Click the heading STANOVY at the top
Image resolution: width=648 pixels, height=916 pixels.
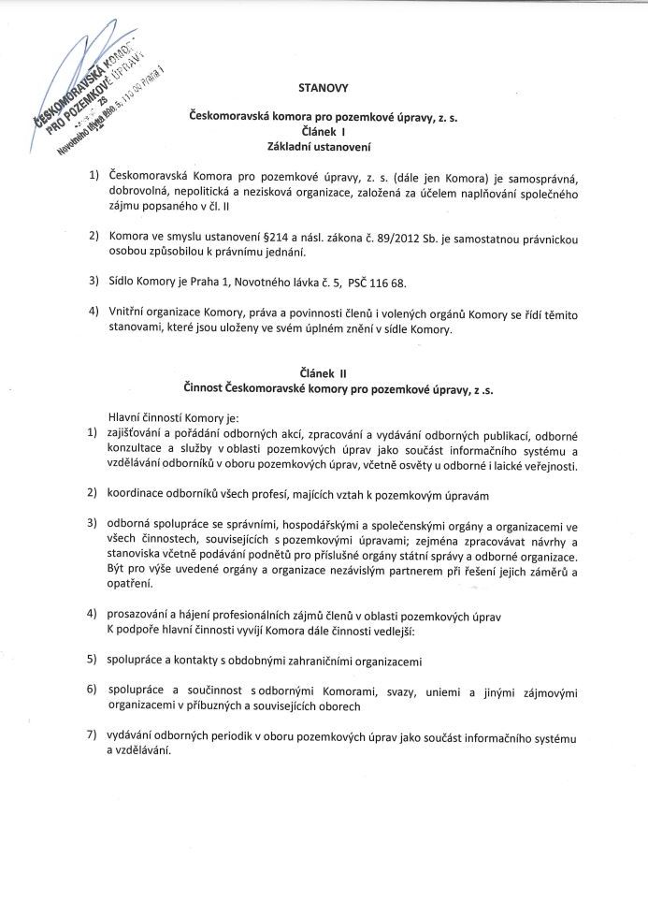point(322,88)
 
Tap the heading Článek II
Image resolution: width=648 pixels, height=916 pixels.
point(322,372)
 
